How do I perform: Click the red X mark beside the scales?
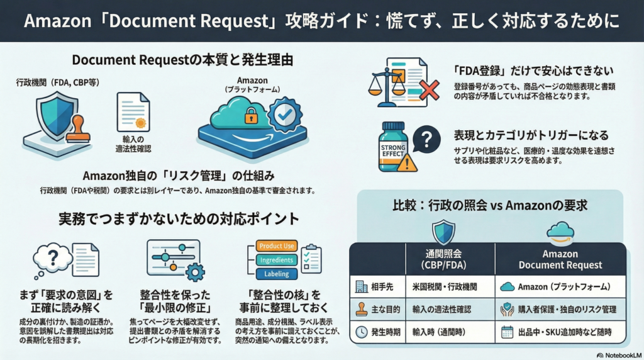429,89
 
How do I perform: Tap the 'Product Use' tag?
277,246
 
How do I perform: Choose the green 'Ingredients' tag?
276,260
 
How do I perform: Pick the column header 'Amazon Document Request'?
560,259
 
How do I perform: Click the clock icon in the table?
361,332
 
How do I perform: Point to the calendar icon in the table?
508,332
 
